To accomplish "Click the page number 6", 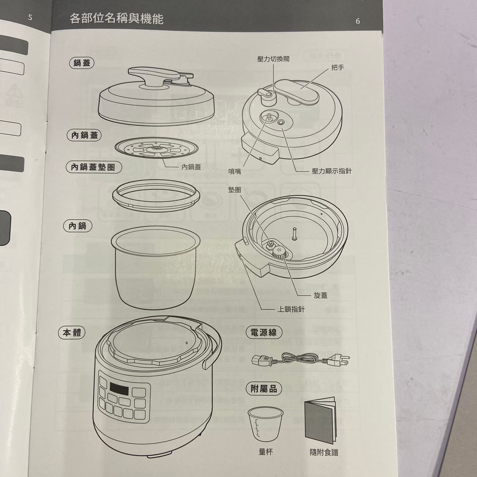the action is coord(358,21).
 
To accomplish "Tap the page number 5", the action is coord(30,18).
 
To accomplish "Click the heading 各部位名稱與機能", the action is coord(116,19).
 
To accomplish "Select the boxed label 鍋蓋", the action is coord(82,63).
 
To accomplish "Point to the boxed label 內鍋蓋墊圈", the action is coord(94,168).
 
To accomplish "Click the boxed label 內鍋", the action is coord(77,226).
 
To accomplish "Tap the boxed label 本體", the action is coord(72,333).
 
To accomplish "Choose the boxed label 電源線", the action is coord(264,332).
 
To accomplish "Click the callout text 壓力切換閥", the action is coord(273,59).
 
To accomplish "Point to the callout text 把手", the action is coord(338,68).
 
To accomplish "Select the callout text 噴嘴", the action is coord(235,171).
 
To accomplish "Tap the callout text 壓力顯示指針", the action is coord(332,171).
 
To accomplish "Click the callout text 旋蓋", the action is coord(320,296).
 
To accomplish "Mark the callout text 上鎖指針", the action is coord(291,309).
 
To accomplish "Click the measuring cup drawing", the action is coord(265,425).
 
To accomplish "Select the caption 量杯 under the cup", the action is coord(265,452).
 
